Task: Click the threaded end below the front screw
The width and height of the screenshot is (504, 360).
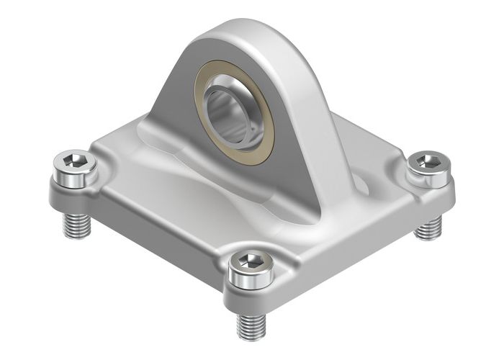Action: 251,325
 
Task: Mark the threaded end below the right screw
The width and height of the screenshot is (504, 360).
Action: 429,228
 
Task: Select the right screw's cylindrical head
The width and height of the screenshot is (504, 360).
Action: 430,176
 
